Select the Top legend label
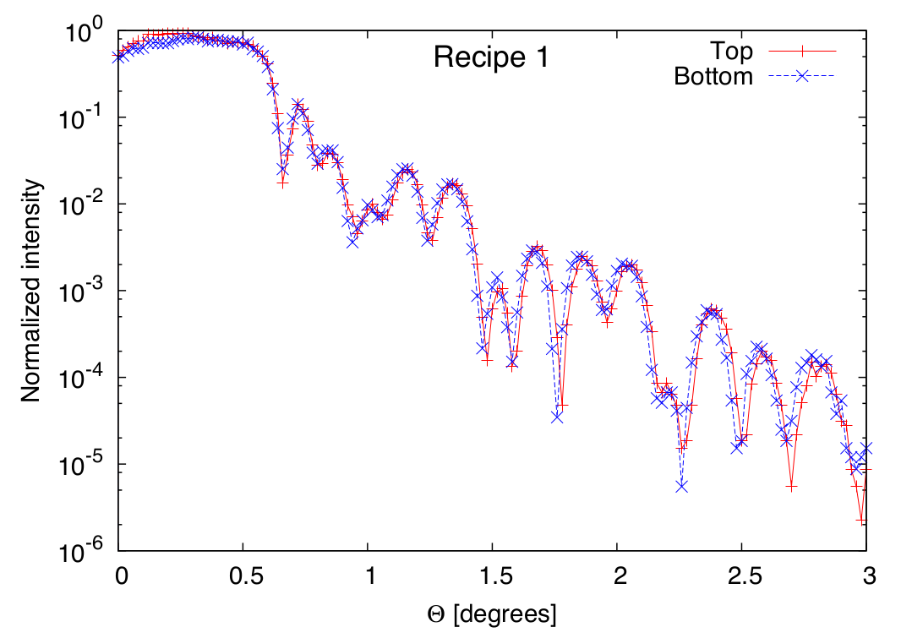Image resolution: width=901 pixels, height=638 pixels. [x=733, y=51]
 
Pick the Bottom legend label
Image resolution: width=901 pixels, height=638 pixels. [x=713, y=77]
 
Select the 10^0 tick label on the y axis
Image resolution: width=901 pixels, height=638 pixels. [x=84, y=33]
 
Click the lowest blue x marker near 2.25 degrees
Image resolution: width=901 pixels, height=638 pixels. [x=681, y=486]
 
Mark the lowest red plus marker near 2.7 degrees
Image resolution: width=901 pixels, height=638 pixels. [x=791, y=488]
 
